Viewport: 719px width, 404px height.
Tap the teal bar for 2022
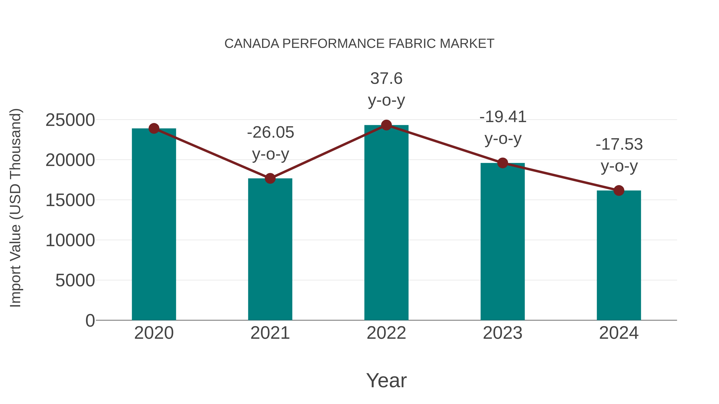[386, 223]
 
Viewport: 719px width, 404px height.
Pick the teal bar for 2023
[503, 242]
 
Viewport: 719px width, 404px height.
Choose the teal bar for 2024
[619, 256]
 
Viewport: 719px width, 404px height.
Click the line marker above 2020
[154, 128]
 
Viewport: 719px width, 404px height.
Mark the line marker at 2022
[386, 125]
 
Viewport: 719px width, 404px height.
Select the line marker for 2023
[503, 163]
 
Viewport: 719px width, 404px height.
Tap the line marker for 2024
[619, 191]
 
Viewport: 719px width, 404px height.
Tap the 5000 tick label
[75, 280]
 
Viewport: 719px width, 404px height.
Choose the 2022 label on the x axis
[386, 333]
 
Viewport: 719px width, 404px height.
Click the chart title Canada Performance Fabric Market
[359, 44]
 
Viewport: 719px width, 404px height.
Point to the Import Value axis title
[16, 208]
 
